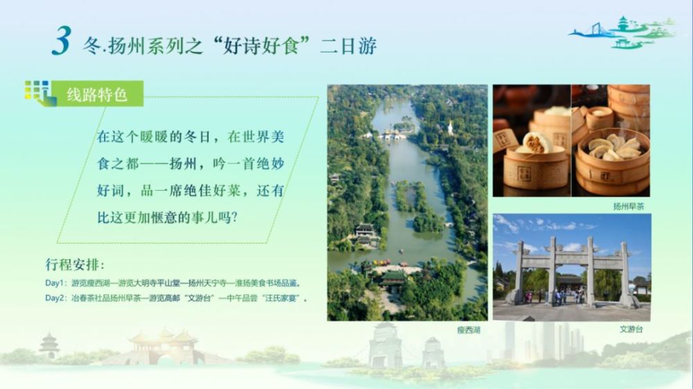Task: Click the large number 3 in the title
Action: click(x=62, y=41)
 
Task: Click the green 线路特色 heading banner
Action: click(x=98, y=94)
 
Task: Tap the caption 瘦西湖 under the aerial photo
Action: click(x=468, y=330)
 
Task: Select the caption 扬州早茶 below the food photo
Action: click(x=629, y=206)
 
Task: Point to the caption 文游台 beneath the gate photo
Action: click(x=631, y=329)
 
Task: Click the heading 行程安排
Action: click(x=75, y=265)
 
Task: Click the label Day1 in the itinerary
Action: click(x=55, y=283)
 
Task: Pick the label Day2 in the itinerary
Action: click(x=55, y=298)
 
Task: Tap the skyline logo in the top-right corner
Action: click(x=622, y=32)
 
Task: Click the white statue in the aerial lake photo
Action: click(x=450, y=128)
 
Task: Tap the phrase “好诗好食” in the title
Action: click(x=261, y=46)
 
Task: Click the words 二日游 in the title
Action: click(x=349, y=46)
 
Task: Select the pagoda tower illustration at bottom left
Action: click(x=49, y=346)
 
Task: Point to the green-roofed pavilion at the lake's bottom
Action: click(x=392, y=279)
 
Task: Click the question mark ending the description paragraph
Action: click(x=234, y=217)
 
